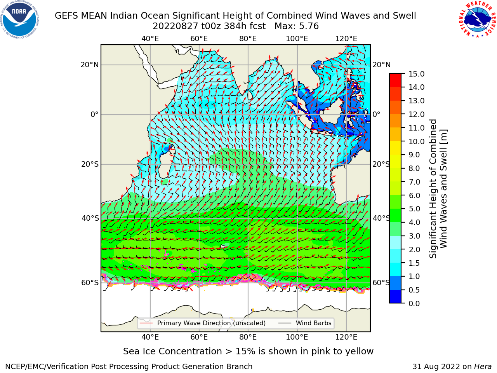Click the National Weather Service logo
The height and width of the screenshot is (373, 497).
click(477, 19)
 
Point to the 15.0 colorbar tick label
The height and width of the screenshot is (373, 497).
click(416, 74)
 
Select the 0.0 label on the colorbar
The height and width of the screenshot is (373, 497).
click(414, 303)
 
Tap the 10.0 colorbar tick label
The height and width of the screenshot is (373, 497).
click(416, 141)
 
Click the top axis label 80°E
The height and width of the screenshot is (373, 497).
click(248, 39)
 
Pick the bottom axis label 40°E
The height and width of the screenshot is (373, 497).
click(150, 337)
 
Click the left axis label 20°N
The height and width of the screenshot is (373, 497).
click(90, 65)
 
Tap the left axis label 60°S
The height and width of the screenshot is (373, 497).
click(90, 283)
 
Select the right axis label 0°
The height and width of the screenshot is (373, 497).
click(376, 114)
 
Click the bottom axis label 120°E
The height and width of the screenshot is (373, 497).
click(346, 337)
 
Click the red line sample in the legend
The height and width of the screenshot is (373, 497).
click(146, 323)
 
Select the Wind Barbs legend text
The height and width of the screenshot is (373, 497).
click(314, 323)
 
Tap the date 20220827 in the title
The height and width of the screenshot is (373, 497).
click(176, 26)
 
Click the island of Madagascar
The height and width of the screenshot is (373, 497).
click(166, 162)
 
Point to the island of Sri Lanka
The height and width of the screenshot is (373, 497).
click(250, 95)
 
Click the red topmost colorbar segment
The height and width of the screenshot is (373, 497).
click(395, 77)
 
